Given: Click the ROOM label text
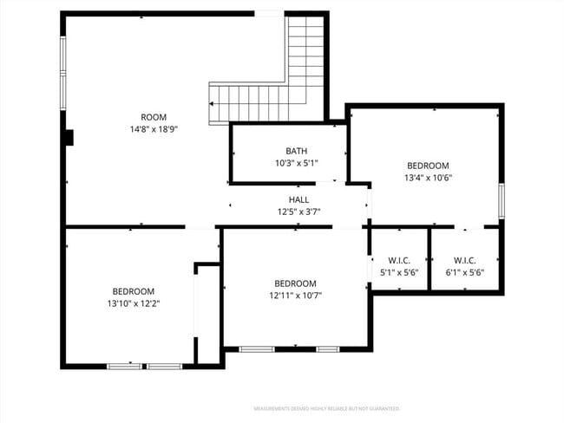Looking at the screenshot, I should click(x=154, y=117).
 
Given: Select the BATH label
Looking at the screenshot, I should click(x=296, y=151).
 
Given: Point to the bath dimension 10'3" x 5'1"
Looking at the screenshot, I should click(x=296, y=162).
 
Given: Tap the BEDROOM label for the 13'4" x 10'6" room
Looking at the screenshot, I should click(x=428, y=166).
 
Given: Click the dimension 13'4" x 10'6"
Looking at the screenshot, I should click(x=428, y=178).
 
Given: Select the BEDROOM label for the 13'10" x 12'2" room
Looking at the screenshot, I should click(x=133, y=291).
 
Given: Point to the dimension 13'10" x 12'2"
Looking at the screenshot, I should click(x=133, y=303).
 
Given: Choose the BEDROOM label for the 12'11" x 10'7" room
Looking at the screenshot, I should click(x=295, y=283).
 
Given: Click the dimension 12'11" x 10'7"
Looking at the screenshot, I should click(x=295, y=296).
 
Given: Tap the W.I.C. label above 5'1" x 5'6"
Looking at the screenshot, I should click(x=399, y=259).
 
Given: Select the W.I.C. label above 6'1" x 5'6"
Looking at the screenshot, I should click(x=464, y=259).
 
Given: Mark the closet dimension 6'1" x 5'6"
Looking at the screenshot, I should click(x=464, y=271).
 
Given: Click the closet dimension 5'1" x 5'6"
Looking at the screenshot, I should click(x=399, y=271).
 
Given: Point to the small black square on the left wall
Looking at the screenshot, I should click(x=69, y=138).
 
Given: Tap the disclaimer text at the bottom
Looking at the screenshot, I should click(x=325, y=407).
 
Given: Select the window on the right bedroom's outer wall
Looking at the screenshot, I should click(x=501, y=200).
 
